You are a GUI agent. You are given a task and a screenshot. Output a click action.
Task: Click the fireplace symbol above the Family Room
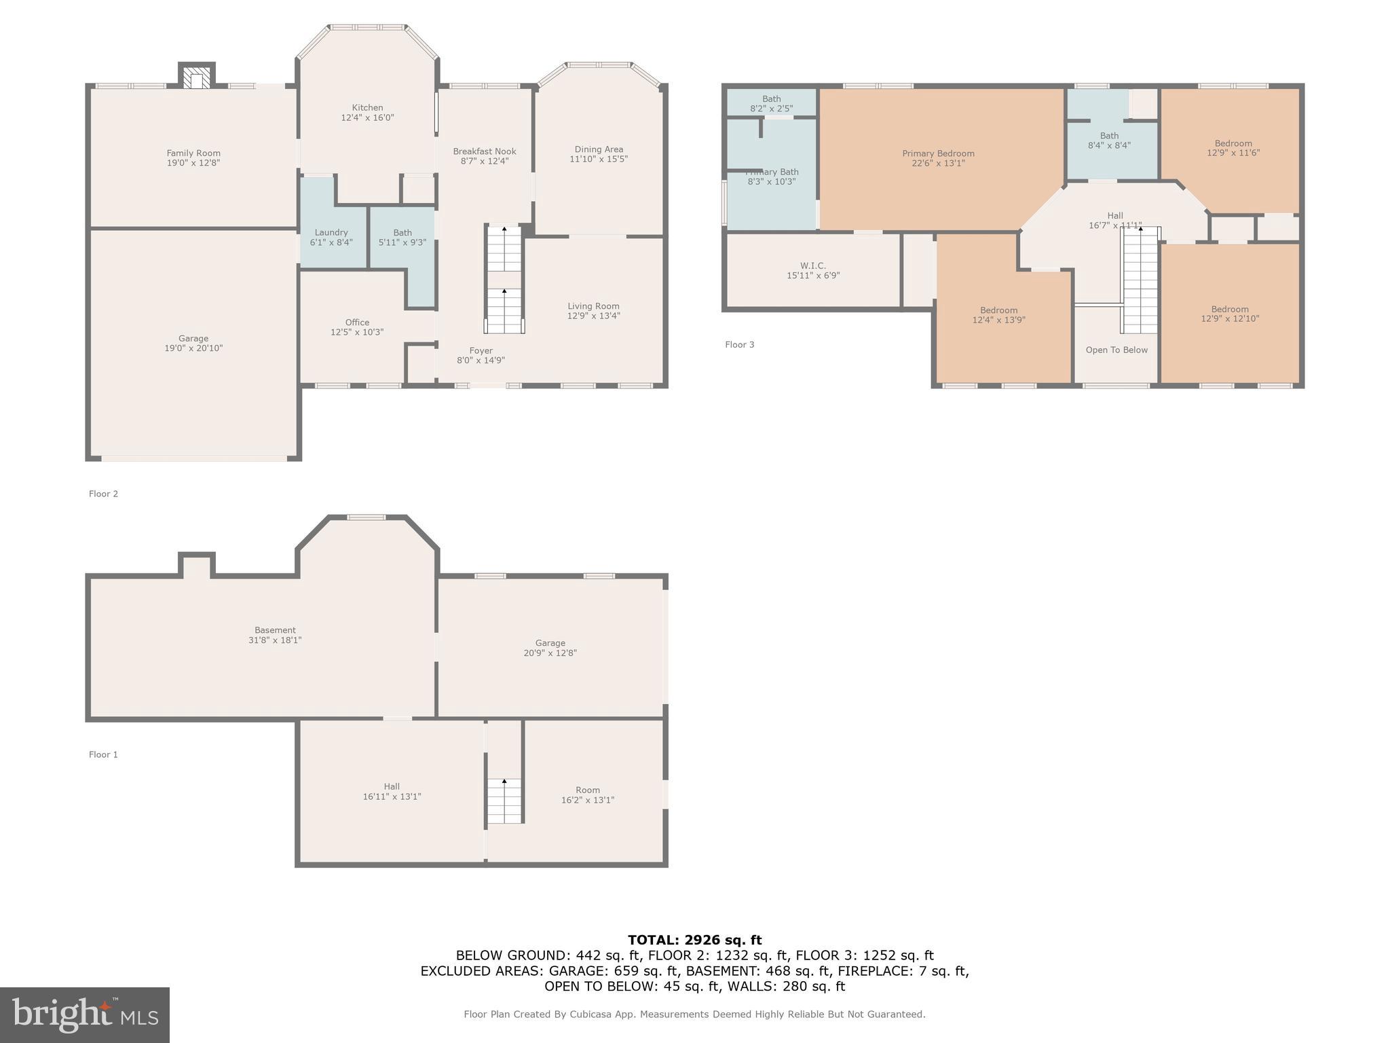point(197,79)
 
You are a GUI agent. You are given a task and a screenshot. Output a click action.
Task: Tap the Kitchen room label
point(367,108)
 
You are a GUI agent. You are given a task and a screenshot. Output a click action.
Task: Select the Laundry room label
point(331,232)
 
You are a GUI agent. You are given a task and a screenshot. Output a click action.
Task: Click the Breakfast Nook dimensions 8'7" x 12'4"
point(485,162)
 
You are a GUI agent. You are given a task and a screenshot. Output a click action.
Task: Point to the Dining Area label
point(598,149)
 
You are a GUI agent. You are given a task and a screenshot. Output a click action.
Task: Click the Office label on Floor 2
point(357,323)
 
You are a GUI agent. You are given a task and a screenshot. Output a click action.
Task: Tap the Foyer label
point(481,350)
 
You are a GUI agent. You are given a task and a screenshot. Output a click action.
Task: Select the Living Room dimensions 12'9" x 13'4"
point(593,316)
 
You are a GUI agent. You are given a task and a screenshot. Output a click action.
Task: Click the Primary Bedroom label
point(938,153)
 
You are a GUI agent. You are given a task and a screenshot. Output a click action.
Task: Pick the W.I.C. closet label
point(812,266)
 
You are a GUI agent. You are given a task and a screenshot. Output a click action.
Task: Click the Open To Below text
point(1116,350)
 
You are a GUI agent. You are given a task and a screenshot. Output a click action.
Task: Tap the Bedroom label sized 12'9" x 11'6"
point(1233,143)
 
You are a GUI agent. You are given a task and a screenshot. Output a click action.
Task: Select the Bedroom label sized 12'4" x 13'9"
point(998,310)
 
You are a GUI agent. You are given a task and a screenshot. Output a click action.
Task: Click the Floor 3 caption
point(739,345)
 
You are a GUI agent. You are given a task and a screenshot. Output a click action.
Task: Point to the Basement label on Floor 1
point(275,630)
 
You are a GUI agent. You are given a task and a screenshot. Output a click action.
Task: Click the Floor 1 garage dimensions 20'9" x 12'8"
point(550,653)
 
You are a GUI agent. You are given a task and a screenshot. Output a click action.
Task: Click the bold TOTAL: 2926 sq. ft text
point(694,940)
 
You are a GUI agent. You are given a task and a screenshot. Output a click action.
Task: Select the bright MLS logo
point(85,1014)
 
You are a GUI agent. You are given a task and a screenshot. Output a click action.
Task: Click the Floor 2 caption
point(103,494)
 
